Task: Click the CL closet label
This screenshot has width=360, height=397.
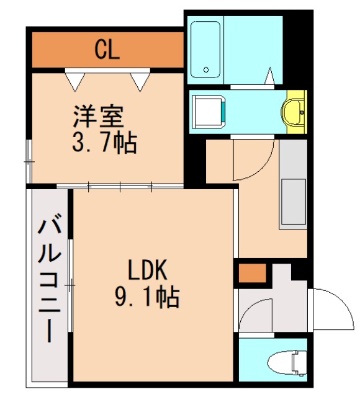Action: [x=107, y=50]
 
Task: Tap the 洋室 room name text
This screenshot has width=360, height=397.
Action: [x=99, y=117]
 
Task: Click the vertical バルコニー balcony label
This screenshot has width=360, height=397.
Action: [x=49, y=279]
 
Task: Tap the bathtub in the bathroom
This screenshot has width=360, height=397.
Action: [x=205, y=49]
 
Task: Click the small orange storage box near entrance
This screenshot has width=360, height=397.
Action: [x=253, y=274]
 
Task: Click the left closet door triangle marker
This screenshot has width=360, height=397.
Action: [x=75, y=79]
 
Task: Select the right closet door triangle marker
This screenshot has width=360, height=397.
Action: [x=140, y=79]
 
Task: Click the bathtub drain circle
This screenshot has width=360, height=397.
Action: [x=207, y=69]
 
